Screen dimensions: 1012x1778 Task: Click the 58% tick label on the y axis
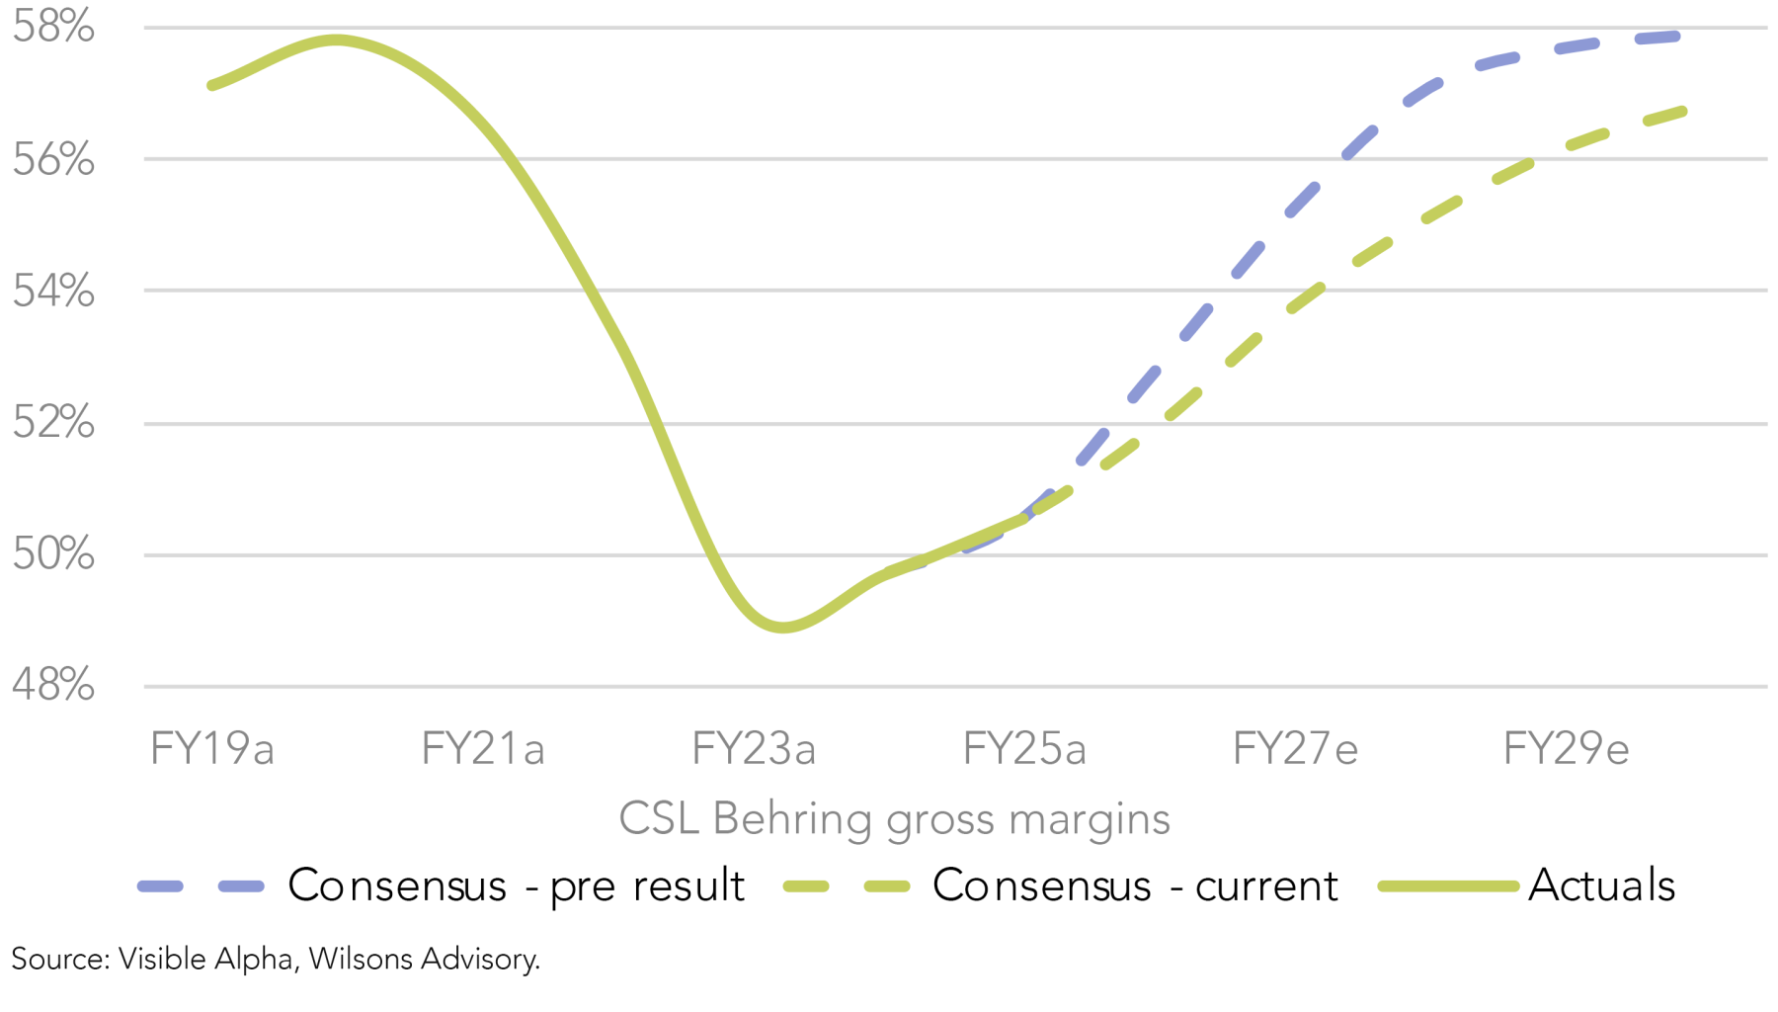tap(53, 27)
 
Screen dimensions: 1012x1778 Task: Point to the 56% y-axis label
tap(53, 159)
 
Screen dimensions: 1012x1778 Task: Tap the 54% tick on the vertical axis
tap(53, 291)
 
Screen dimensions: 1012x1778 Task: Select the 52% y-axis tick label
tap(53, 423)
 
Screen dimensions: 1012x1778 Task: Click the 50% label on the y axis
tap(53, 554)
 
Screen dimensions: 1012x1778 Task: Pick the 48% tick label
tap(53, 685)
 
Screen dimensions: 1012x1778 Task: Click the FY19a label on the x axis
tap(211, 749)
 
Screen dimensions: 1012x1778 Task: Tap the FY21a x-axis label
tap(483, 749)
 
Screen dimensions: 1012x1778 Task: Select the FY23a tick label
tap(754, 749)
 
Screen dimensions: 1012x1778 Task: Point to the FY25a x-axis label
tap(1024, 749)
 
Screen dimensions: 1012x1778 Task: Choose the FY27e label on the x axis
tap(1295, 749)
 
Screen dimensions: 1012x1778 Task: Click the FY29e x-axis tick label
tap(1566, 749)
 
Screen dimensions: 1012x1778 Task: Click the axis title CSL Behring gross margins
tap(894, 819)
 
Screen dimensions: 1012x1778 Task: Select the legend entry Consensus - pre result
tap(516, 885)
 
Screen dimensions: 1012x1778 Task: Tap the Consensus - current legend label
tap(1135, 885)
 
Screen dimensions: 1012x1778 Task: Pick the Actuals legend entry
tap(1601, 885)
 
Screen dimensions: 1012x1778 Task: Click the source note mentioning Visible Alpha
tap(276, 959)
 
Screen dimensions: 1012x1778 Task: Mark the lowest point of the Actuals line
tap(782, 628)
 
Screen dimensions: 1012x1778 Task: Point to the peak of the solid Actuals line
tap(336, 41)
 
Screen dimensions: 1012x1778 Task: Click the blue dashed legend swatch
tap(202, 886)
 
